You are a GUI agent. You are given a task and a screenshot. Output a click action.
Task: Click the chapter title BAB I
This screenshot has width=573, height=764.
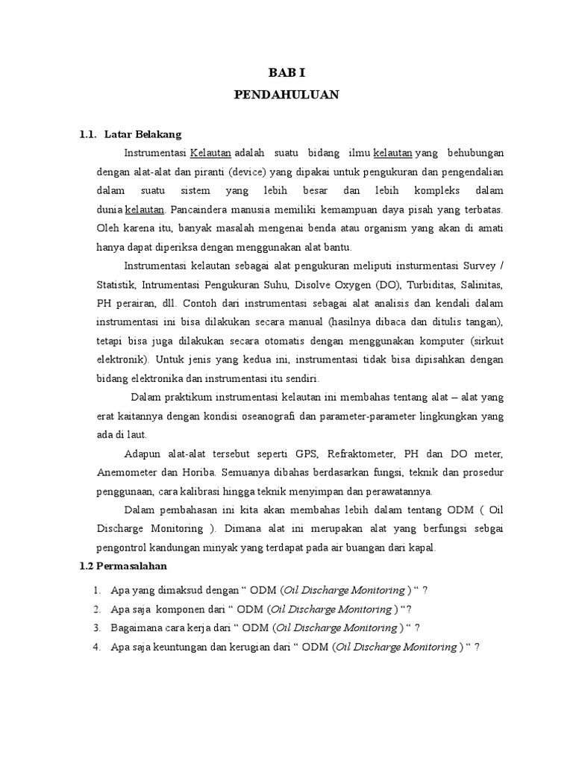coord(286,73)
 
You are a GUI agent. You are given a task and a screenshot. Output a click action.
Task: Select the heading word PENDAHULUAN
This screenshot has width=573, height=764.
coord(286,95)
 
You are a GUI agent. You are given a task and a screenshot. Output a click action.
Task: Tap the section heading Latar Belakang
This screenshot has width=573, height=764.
coord(143,134)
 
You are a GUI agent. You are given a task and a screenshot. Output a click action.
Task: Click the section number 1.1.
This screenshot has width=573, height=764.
coord(88,134)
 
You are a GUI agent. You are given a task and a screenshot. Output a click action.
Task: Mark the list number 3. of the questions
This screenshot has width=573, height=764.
coord(97,627)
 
